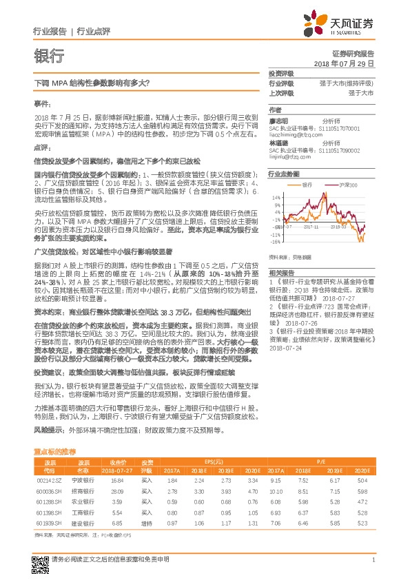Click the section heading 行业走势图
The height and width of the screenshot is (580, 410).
[x=284, y=175]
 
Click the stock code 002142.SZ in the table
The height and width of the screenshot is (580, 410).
[x=50, y=480]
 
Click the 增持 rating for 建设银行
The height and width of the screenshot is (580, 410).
[x=146, y=524]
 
